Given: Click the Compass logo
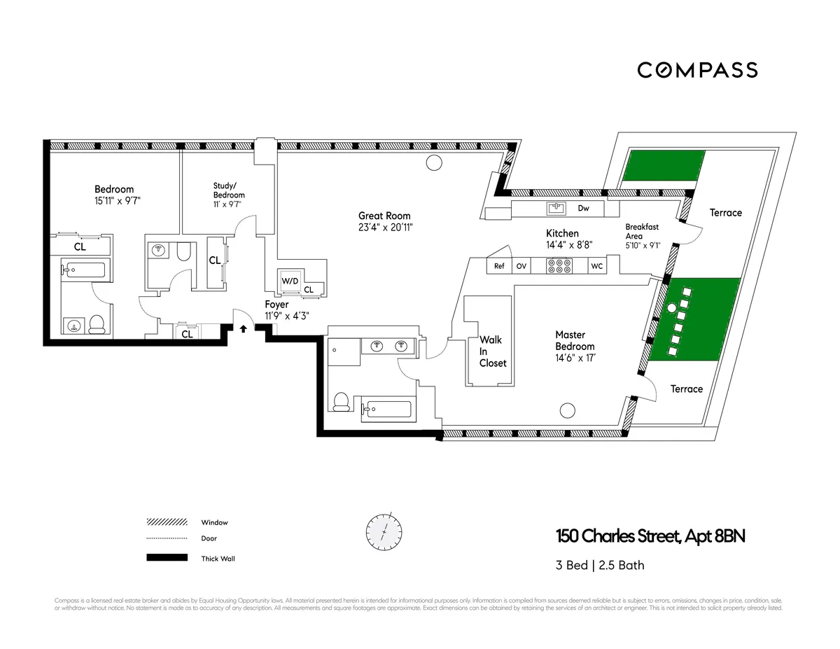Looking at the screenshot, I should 697,70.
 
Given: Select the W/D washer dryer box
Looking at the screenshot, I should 289,280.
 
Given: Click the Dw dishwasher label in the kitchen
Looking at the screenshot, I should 583,208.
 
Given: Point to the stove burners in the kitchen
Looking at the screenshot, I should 560,266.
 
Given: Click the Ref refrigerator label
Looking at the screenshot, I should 499,266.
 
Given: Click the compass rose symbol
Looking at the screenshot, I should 384,531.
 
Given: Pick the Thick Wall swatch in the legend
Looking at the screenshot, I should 167,558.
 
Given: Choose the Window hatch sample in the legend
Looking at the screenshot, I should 167,522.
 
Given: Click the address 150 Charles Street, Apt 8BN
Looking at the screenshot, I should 650,537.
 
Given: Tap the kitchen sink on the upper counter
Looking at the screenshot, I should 557,208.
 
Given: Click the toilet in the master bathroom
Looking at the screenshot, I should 341,401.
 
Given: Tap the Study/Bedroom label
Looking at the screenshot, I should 229,190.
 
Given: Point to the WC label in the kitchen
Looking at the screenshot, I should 596,266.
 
